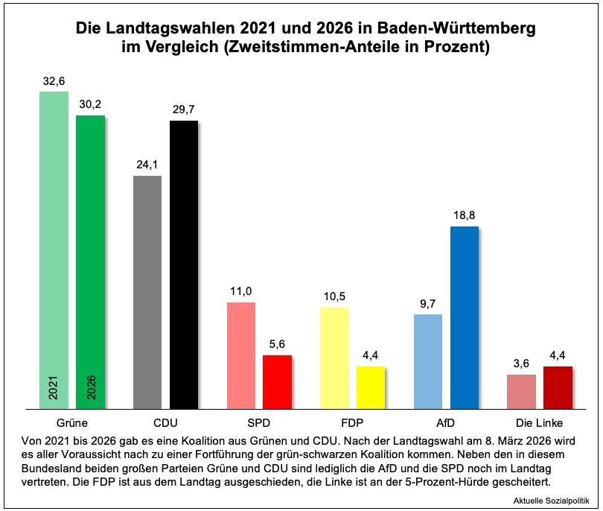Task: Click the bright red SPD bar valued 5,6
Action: coord(277,381)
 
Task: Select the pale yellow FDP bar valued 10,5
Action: coord(334,358)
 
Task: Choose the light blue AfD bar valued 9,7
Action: coord(427,361)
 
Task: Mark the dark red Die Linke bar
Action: coord(558,387)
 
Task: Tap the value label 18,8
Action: coord(464,215)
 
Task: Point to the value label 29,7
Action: coord(184,109)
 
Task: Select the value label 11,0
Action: coord(240,291)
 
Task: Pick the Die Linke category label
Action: coord(539,422)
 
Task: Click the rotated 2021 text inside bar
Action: coord(54,388)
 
